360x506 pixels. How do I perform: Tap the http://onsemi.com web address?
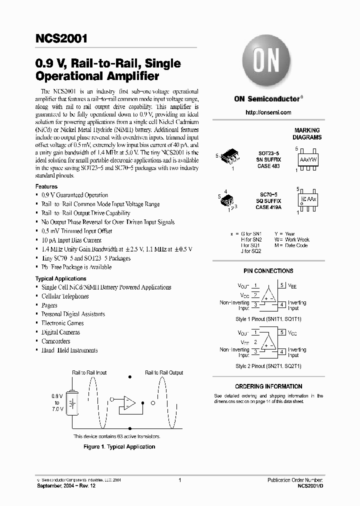click(x=268, y=112)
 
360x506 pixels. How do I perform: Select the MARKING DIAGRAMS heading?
click(x=307, y=133)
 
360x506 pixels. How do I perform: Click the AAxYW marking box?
click(x=307, y=159)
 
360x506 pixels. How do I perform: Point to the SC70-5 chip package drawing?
click(x=228, y=199)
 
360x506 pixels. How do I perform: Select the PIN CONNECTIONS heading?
click(x=268, y=271)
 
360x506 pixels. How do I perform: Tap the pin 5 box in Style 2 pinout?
click(x=282, y=332)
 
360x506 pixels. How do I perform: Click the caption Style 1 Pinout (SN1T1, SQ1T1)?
click(x=268, y=318)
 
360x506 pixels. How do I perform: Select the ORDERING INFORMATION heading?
click(x=268, y=386)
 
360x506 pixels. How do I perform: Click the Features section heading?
click(x=46, y=186)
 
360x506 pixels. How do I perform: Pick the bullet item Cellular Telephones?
click(x=65, y=296)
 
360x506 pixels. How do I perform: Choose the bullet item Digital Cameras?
click(x=60, y=332)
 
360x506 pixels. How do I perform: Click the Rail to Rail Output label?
click(x=164, y=372)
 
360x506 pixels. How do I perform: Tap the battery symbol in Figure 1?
click(x=73, y=403)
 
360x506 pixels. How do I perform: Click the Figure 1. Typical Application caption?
click(x=119, y=446)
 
